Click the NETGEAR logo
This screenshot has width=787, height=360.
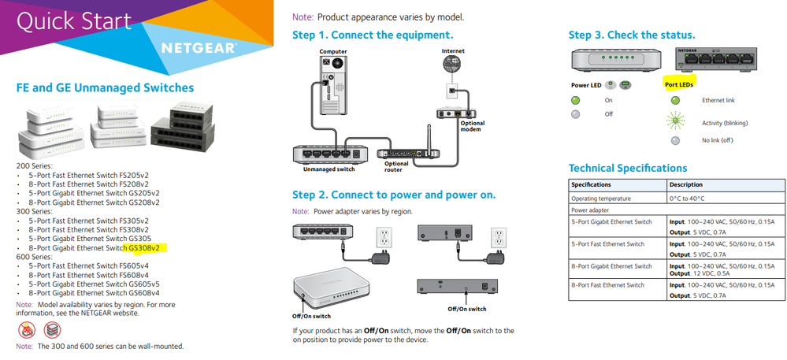[x=198, y=47]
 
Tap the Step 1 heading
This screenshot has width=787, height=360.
[x=373, y=35]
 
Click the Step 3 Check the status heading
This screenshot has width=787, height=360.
[x=632, y=35]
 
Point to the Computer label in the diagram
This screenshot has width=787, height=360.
[x=333, y=52]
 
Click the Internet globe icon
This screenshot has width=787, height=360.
[x=453, y=65]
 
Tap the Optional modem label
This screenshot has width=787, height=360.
[x=473, y=125]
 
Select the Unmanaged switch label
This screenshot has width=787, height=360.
[x=329, y=169]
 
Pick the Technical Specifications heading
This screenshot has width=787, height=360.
[x=628, y=168]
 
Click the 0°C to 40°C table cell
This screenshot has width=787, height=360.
[x=687, y=199]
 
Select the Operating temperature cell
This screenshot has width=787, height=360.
[x=601, y=199]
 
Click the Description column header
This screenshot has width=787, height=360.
[x=687, y=185]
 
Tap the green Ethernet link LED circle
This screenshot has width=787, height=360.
[x=675, y=100]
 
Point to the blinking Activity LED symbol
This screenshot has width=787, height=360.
[x=675, y=122]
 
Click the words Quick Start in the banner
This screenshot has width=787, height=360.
[x=75, y=21]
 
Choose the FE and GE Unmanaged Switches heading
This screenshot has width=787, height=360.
[x=105, y=88]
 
